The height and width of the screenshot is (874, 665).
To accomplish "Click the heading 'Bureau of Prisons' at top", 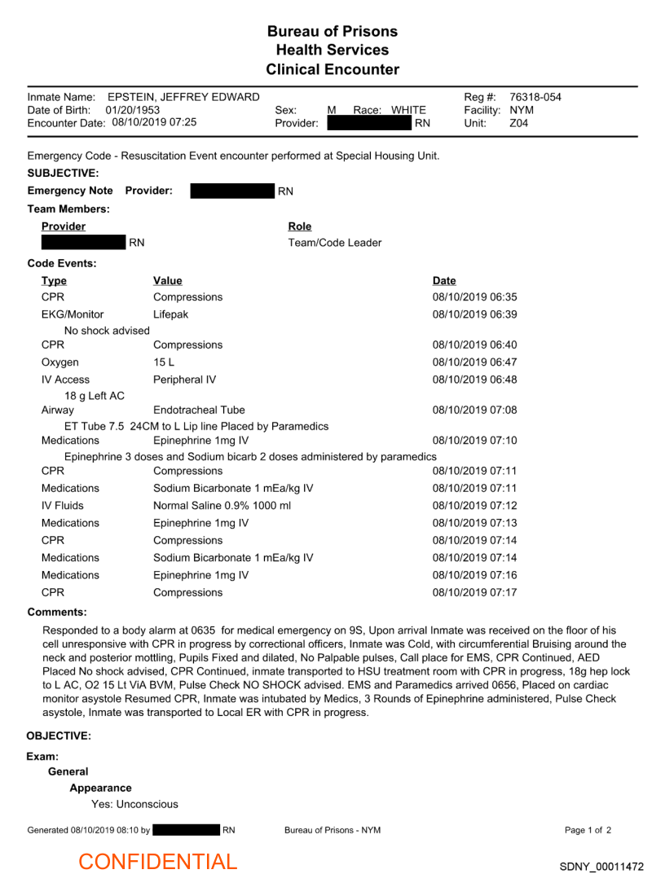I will click(332, 32).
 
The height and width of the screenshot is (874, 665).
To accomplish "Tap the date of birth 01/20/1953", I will click(133, 110).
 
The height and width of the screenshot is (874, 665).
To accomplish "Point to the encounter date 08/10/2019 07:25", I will click(154, 122).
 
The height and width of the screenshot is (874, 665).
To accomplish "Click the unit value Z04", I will click(519, 123).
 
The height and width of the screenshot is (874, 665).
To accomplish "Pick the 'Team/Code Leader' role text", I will click(335, 243).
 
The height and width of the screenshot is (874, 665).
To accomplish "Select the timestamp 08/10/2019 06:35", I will click(474, 297).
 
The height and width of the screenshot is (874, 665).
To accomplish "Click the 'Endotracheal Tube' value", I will click(199, 410).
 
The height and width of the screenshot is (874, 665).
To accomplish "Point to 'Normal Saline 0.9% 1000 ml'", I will click(222, 506).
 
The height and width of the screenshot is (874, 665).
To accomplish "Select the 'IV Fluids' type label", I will click(63, 506).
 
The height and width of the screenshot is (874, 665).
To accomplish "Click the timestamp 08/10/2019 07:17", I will click(474, 592).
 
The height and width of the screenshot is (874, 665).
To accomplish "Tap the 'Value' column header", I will click(168, 281).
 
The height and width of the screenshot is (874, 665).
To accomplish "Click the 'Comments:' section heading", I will click(57, 612).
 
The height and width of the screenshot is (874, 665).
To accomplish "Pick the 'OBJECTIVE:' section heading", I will click(59, 736).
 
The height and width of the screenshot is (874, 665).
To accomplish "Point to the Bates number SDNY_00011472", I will click(601, 867).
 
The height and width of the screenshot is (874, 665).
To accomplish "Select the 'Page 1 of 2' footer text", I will click(588, 830).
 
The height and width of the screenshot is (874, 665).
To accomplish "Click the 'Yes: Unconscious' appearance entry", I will click(134, 804).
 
